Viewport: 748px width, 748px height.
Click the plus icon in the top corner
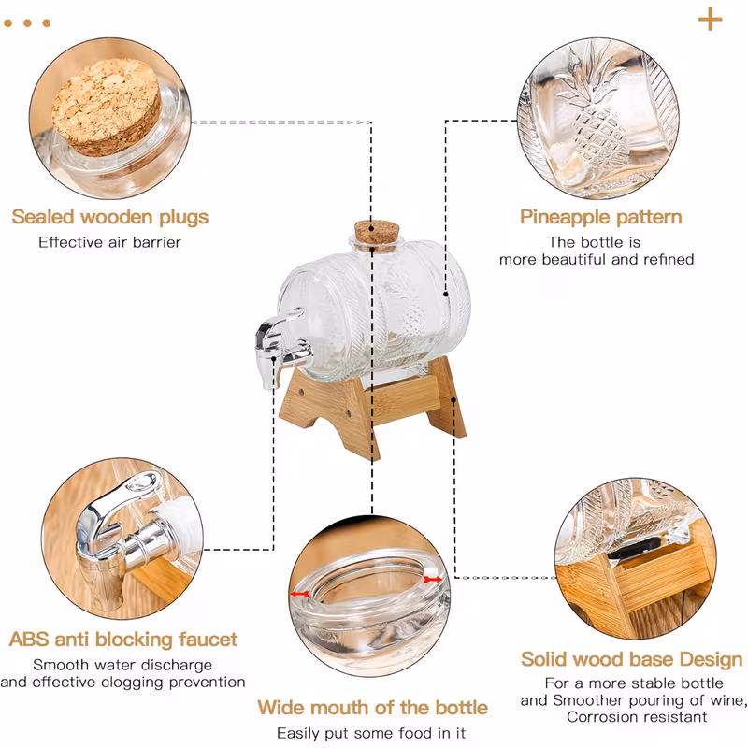click(x=710, y=20)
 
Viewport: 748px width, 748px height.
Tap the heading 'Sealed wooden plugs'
click(x=110, y=217)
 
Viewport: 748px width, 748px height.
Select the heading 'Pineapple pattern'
click(x=600, y=217)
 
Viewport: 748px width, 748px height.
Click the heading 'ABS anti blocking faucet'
click(x=123, y=640)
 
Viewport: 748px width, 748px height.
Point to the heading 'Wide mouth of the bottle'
click(x=372, y=708)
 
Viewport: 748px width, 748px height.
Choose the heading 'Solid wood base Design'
click(x=632, y=659)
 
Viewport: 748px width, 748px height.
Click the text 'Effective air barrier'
click(x=109, y=242)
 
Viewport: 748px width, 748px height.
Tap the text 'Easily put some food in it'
click(x=371, y=733)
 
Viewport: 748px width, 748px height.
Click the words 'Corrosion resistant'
click(x=637, y=717)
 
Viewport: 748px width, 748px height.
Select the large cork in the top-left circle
click(x=106, y=107)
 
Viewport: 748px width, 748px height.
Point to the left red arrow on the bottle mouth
click(x=300, y=594)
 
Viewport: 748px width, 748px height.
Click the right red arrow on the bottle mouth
click(x=432, y=580)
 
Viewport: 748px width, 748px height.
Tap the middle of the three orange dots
click(x=27, y=22)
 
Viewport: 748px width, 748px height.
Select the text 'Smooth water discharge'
click(x=122, y=665)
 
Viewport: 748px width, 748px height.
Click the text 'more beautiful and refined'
click(x=597, y=260)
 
